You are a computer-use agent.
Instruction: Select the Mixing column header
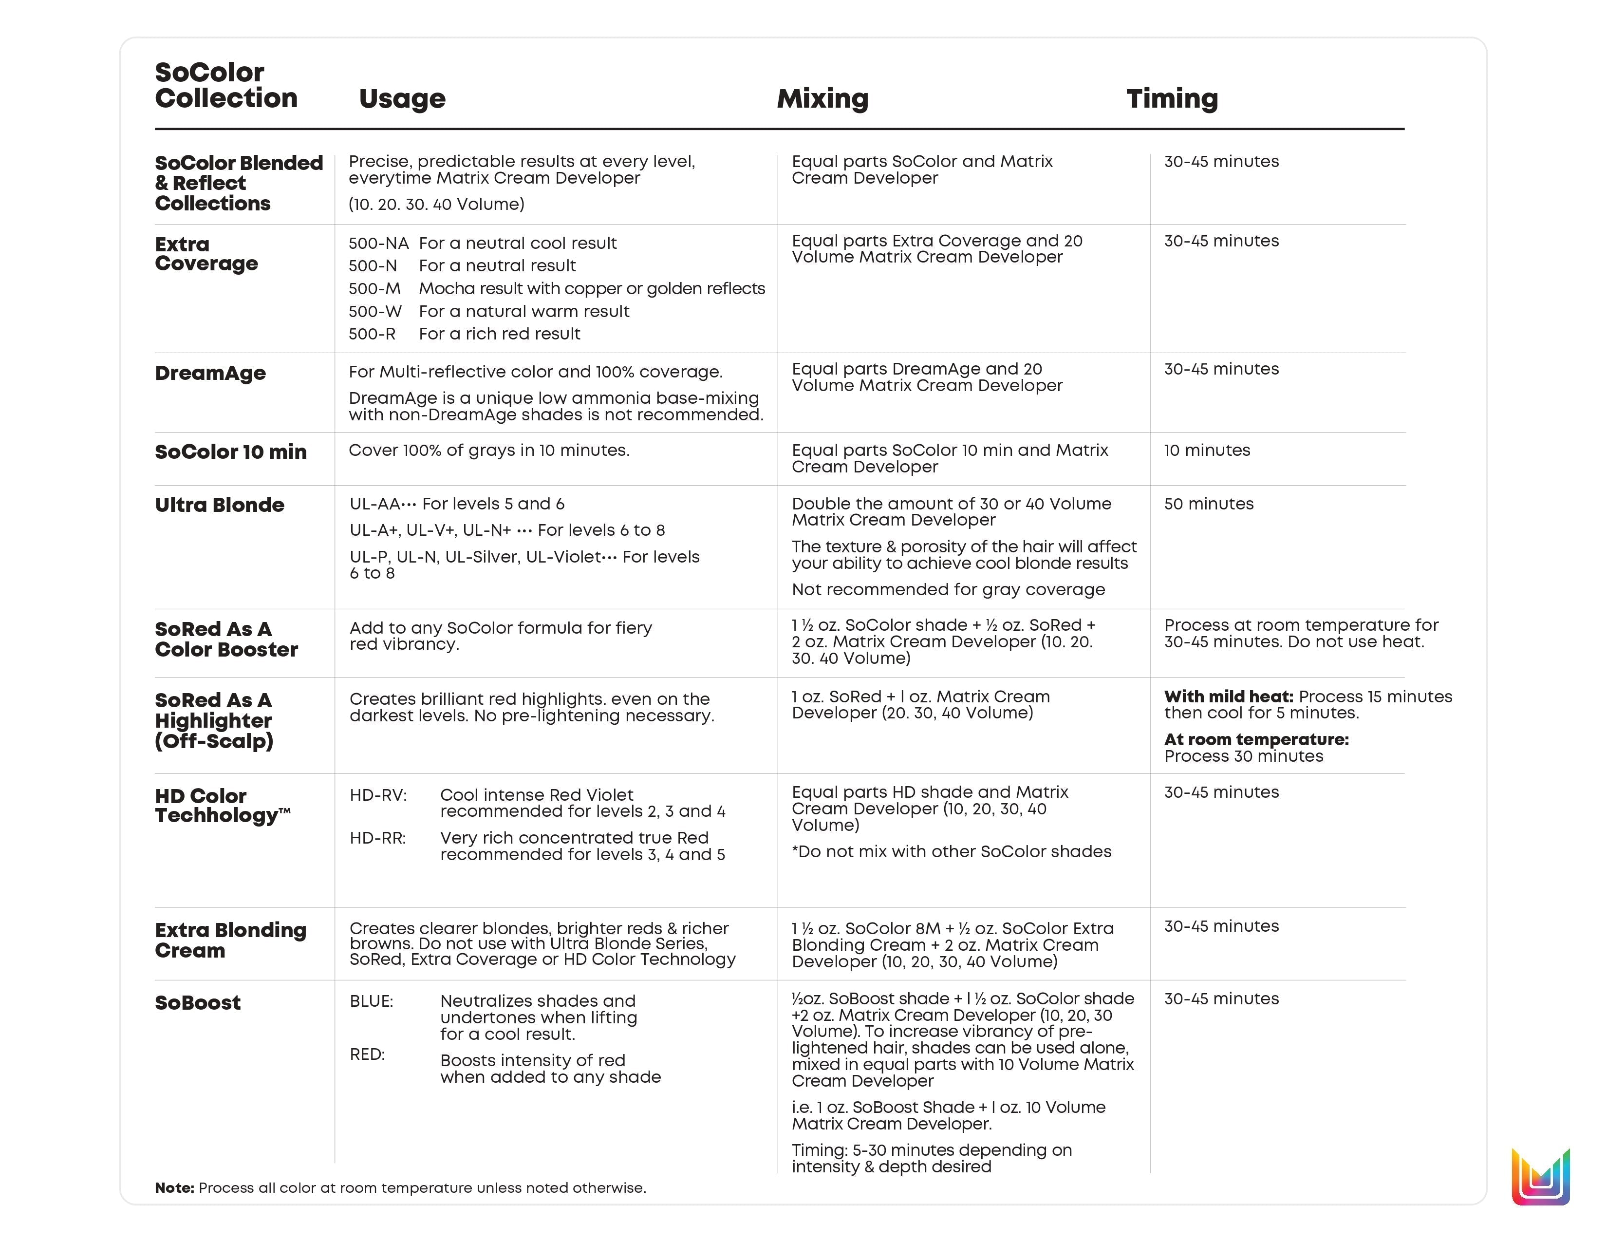tap(822, 98)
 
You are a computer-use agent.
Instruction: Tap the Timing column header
tap(1172, 98)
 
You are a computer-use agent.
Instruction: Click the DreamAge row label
tap(210, 373)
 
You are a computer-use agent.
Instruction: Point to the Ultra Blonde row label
tap(219, 505)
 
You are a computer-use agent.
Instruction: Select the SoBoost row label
tap(197, 1003)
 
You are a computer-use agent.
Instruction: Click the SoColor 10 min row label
tap(230, 452)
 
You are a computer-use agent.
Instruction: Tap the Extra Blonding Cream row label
tap(230, 941)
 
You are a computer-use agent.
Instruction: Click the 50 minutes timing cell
tap(1208, 504)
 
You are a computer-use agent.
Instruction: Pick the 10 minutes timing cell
tap(1207, 451)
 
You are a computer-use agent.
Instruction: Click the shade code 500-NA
tap(378, 244)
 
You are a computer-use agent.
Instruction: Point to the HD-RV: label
tap(378, 795)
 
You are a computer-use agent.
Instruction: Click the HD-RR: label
tap(377, 838)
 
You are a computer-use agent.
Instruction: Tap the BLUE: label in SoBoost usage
tap(372, 1001)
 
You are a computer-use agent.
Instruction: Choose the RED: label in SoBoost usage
tap(367, 1054)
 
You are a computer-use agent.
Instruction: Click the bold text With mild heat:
tap(1228, 697)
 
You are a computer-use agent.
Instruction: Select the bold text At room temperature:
tap(1256, 739)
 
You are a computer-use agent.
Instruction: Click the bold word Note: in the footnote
tap(174, 1187)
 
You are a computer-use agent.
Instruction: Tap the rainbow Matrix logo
tap(1541, 1177)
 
